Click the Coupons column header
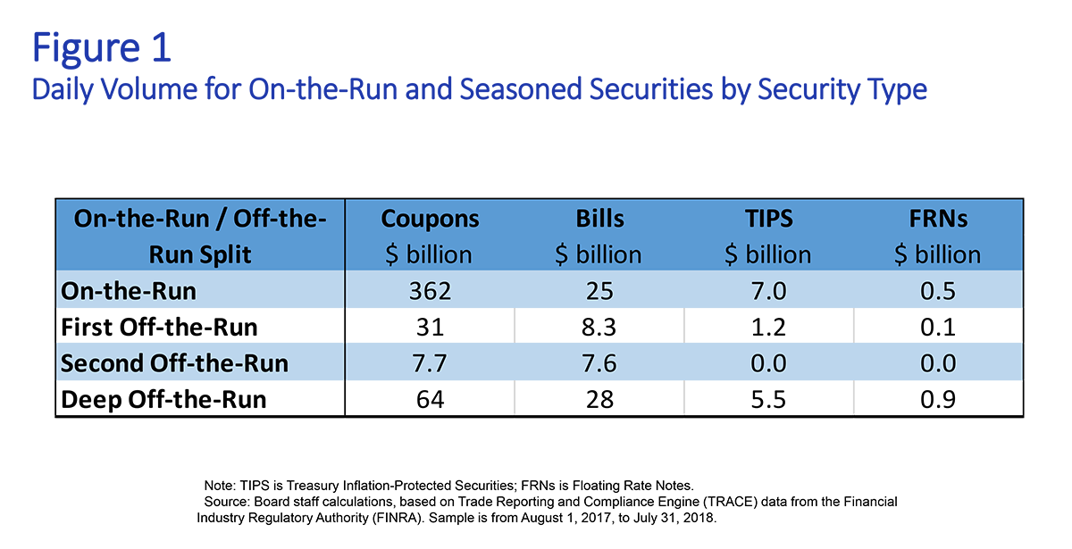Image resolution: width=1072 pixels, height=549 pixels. (430, 219)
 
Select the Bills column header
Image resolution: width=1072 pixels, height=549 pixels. (599, 219)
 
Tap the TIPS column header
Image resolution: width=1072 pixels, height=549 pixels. (768, 219)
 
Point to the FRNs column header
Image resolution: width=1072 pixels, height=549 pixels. (937, 219)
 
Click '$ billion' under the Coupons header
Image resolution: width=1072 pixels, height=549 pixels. (429, 254)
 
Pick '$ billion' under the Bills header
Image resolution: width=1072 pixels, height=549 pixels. (599, 254)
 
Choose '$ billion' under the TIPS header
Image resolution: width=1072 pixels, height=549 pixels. (768, 254)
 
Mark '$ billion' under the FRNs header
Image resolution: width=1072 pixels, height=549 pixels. (938, 254)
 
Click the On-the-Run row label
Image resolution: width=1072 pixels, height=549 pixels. (128, 291)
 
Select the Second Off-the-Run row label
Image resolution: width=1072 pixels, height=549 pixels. (174, 364)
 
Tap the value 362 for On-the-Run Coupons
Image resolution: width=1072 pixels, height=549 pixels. (430, 291)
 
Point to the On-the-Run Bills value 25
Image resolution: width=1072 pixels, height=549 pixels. (599, 291)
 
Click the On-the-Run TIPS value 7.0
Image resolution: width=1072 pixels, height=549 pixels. (768, 291)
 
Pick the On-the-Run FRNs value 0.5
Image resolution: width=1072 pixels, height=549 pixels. (938, 291)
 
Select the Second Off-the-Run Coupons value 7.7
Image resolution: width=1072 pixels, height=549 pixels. (430, 364)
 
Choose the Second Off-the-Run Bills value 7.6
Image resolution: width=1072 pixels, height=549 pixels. (599, 364)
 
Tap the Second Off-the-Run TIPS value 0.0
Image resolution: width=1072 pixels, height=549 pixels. (768, 364)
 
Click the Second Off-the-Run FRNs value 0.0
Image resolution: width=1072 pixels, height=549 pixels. (938, 364)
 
